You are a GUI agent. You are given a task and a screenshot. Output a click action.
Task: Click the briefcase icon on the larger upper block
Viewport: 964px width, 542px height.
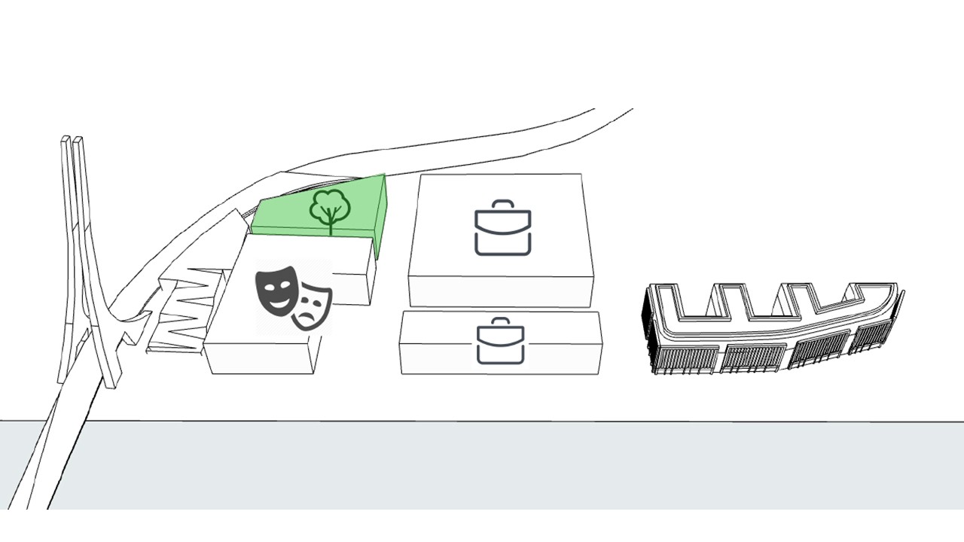(x=503, y=227)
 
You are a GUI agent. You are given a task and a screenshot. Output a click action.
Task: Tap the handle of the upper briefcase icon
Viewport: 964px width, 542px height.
(x=503, y=204)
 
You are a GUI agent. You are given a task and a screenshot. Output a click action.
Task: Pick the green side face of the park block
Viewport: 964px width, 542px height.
(x=380, y=218)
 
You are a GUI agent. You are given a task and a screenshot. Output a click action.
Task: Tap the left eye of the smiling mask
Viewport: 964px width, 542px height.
(x=269, y=282)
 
